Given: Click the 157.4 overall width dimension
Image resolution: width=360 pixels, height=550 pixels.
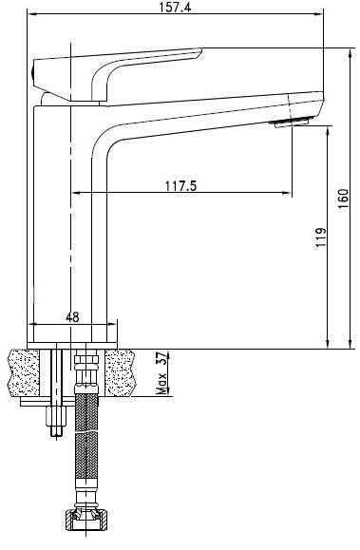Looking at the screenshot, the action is coord(175,7).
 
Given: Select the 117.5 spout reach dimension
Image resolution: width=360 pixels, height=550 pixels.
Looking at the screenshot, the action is coord(181,186).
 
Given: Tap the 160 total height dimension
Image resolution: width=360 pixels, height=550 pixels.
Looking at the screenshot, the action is coord(344,199).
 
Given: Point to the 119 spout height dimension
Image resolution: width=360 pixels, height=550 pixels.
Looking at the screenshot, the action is coord(320,237).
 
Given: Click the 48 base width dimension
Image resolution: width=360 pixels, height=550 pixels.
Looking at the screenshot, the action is coord(72,317).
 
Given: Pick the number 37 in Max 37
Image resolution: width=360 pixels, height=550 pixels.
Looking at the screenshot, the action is coord(161,358).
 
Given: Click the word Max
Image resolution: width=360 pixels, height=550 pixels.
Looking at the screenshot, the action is coord(161,383).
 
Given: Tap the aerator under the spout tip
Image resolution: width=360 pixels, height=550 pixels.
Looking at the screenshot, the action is coord(290,123).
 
